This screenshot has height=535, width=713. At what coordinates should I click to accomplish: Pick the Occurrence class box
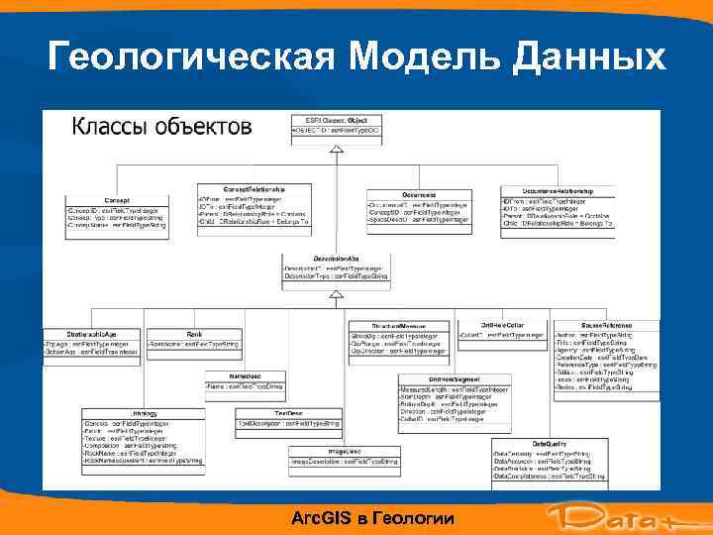pos(419,210)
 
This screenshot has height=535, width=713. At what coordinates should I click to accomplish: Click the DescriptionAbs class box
pos(336,267)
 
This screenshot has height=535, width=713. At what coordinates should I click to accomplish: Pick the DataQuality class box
pos(549,462)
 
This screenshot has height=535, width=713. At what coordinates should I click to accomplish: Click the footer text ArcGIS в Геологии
pos(374,518)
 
